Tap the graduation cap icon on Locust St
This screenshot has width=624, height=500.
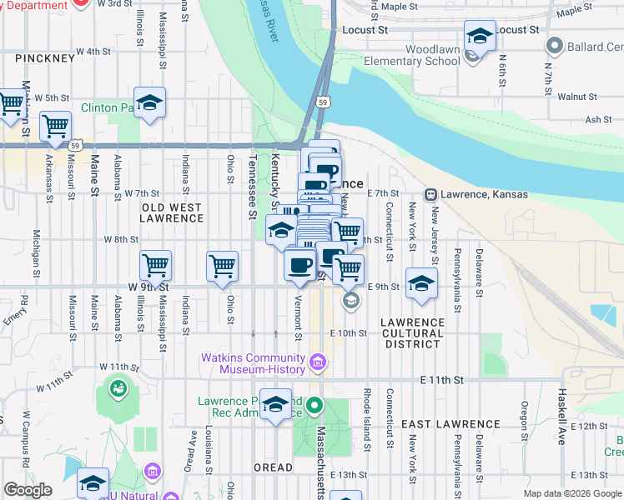tap(480, 37)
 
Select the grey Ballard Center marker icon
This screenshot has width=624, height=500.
tap(552, 44)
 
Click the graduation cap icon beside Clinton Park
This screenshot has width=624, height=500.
tap(149, 103)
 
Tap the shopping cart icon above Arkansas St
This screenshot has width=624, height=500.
tap(55, 127)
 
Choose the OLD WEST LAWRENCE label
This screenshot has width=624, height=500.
tap(172, 212)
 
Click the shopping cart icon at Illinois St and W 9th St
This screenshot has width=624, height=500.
tap(155, 267)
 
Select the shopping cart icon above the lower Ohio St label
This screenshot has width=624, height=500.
tap(223, 267)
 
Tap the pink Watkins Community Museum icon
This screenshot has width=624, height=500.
tap(317, 362)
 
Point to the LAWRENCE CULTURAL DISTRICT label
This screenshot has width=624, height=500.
tap(413, 332)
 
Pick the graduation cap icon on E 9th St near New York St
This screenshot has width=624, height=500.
tap(422, 283)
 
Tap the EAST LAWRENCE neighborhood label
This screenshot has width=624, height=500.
tap(440, 424)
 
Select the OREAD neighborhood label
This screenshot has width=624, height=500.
tap(273, 467)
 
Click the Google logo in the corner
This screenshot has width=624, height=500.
tap(28, 490)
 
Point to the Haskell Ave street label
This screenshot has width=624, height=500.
tap(561, 416)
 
